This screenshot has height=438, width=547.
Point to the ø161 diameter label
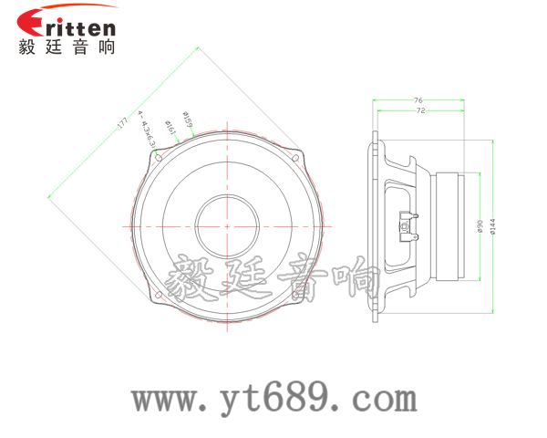[x=170, y=128]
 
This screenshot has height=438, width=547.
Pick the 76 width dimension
[x=418, y=99]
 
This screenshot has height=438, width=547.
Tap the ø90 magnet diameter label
[x=480, y=227]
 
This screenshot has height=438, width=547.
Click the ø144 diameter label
[x=493, y=226]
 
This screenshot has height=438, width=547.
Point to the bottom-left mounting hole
[x=160, y=294]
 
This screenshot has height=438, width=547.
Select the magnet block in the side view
[x=453, y=225]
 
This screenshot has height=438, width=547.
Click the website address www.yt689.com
[x=273, y=398]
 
